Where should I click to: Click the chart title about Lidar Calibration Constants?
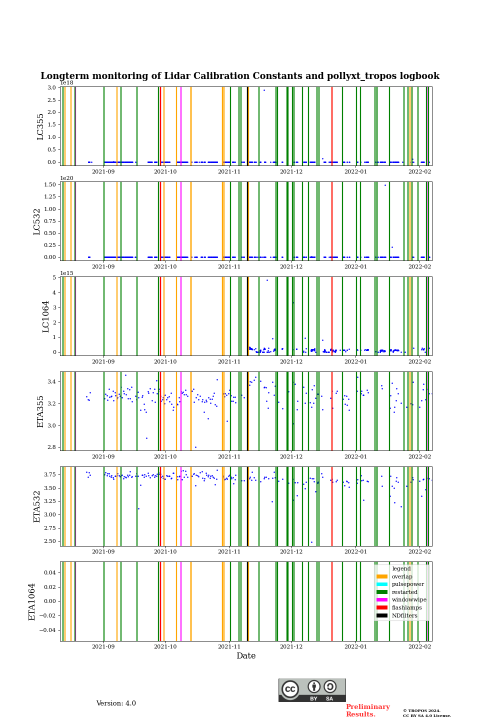[x=240, y=76]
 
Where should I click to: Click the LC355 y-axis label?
[x=40, y=126]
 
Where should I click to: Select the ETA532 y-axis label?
[x=37, y=506]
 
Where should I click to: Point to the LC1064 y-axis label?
[x=46, y=316]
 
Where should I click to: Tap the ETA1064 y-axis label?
[x=32, y=601]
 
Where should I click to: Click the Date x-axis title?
[x=246, y=656]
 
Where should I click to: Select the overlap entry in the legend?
[x=401, y=576]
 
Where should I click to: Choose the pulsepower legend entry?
[x=407, y=584]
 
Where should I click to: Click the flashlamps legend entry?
[x=406, y=607]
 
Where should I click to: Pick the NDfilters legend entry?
[x=404, y=615]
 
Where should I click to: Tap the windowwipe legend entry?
[x=408, y=599]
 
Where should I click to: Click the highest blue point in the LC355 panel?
[x=264, y=90]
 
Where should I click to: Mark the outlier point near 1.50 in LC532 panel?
[x=385, y=185]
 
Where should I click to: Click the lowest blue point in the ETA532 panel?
[x=311, y=542]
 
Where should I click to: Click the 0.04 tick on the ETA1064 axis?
[x=50, y=572]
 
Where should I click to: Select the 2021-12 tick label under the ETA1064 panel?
[x=291, y=646]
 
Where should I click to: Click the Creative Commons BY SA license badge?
[x=312, y=690]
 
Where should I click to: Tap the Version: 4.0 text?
[x=116, y=703]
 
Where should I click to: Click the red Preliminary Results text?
[x=367, y=710]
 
